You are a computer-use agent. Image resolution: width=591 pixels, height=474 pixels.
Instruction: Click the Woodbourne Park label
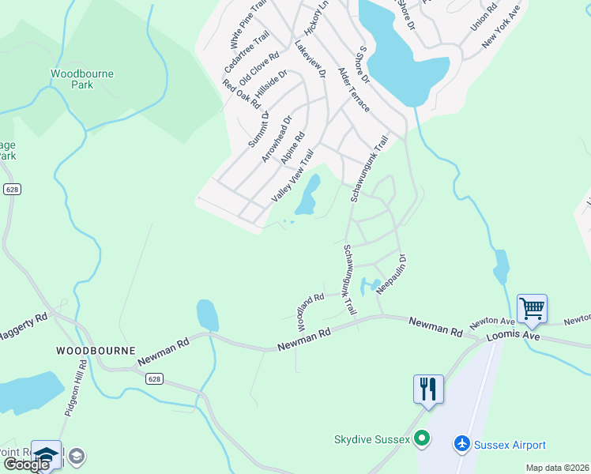pyautogui.click(x=82, y=79)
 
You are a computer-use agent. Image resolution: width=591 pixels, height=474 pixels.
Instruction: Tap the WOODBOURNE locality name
pyautogui.click(x=96, y=350)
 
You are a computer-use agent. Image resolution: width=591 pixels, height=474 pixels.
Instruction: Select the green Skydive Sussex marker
pyautogui.click(x=422, y=438)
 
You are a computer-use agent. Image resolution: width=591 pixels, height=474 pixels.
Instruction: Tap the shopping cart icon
pyautogui.click(x=532, y=308)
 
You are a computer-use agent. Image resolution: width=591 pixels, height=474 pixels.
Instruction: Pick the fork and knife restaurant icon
pyautogui.click(x=427, y=389)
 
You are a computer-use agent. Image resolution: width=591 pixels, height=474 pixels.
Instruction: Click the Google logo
pyautogui.click(x=26, y=465)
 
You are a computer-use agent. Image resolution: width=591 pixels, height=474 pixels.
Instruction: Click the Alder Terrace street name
pyautogui.click(x=353, y=89)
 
